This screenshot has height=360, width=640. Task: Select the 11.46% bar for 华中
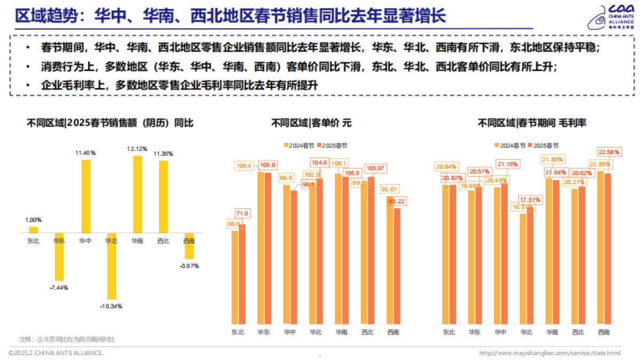pos(85,196)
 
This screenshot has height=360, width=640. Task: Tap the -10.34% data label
pos(111,306)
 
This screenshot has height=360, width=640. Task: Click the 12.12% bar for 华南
pos(138,194)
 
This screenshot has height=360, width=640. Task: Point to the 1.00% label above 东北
pos(33,220)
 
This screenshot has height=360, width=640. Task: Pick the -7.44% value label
pos(59,287)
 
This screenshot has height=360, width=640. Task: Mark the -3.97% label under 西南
pos(189,266)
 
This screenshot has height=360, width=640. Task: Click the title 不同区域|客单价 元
pos(312,123)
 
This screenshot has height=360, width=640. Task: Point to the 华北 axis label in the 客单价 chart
pos(315,332)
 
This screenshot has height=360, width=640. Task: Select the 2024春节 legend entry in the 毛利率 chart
pos(511,145)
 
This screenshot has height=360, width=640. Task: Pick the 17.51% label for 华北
pos(531,199)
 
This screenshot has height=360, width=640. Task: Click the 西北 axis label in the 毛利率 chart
pos(578,332)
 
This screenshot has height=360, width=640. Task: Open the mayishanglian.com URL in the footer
pos(550,353)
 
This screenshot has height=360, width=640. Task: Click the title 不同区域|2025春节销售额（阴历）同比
pos(110,123)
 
